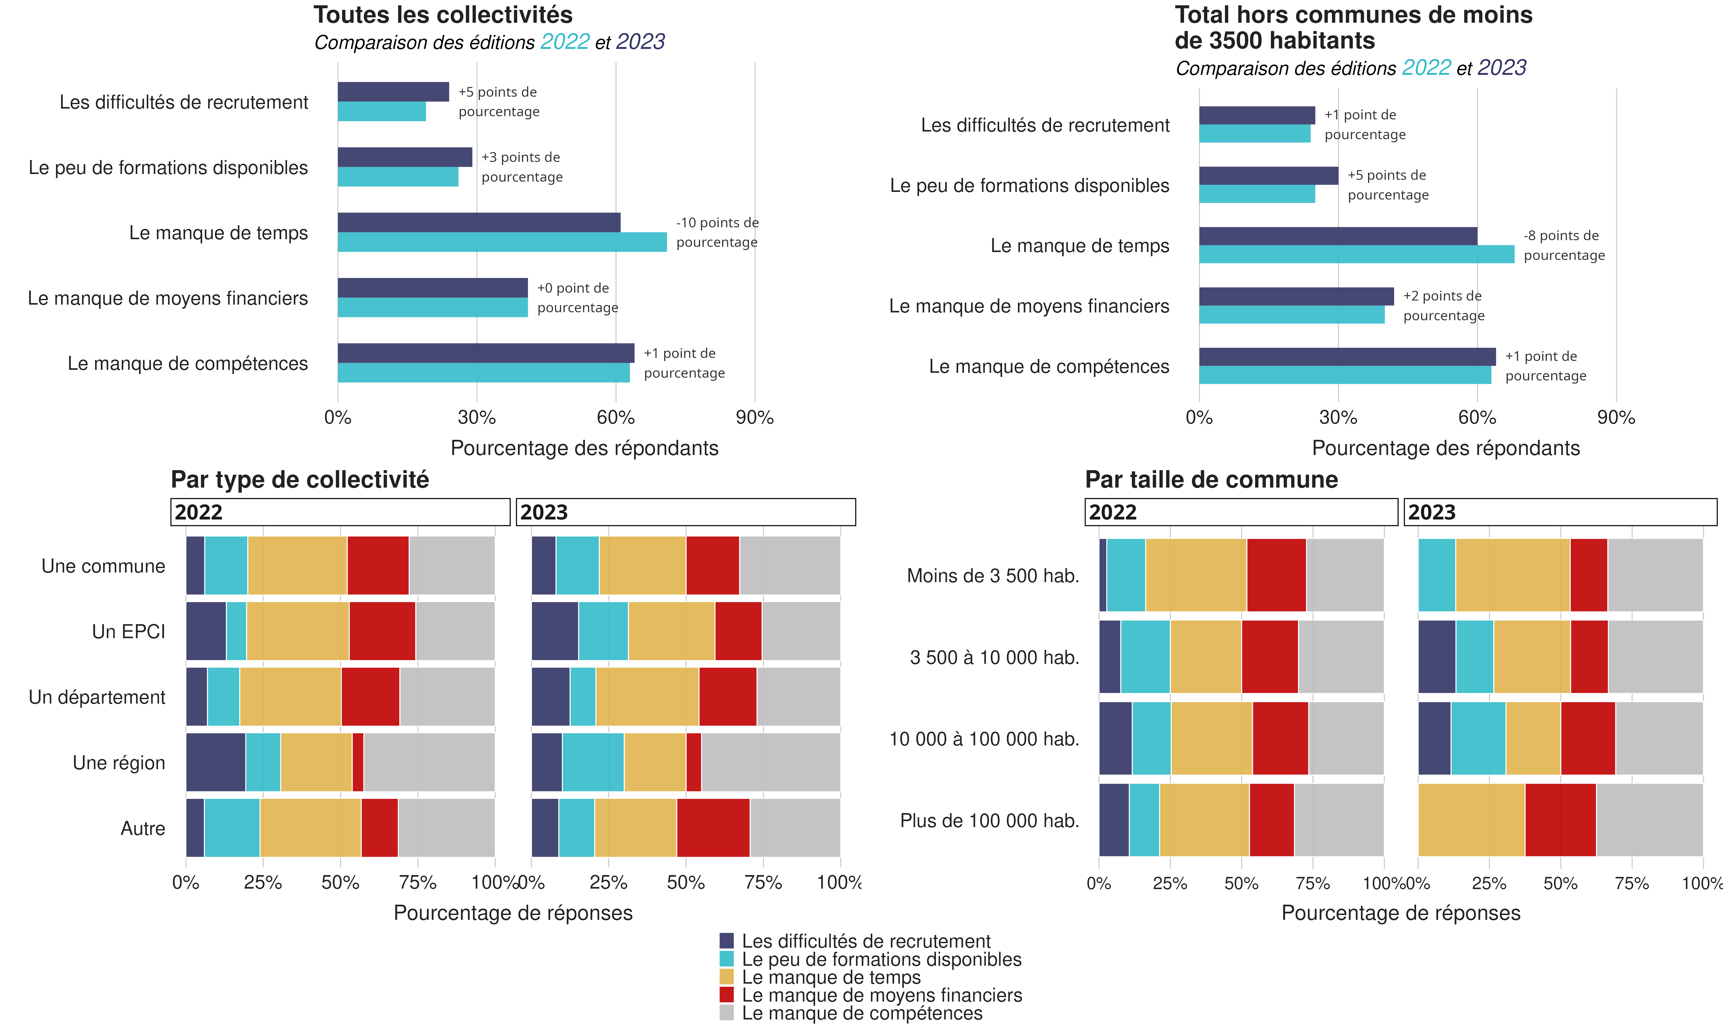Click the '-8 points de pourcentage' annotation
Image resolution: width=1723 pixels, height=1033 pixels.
pyautogui.click(x=1564, y=246)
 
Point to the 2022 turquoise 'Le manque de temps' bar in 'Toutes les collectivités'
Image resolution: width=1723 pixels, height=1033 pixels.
pyautogui.click(x=502, y=242)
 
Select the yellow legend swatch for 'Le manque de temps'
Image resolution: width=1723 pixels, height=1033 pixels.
pyautogui.click(x=726, y=977)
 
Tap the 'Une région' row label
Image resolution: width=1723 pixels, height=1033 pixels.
pyautogui.click(x=119, y=763)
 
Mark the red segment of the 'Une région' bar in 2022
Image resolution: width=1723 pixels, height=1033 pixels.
pyautogui.click(x=358, y=762)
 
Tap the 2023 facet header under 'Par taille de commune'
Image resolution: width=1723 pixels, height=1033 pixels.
pyautogui.click(x=1560, y=512)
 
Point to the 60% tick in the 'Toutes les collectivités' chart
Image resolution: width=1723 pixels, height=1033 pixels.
pyautogui.click(x=616, y=418)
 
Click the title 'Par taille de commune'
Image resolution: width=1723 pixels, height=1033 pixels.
pyautogui.click(x=1211, y=480)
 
